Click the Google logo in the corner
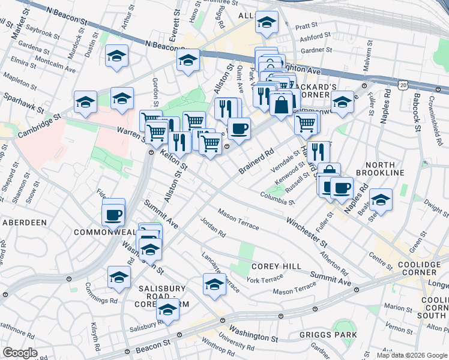tap(20, 353)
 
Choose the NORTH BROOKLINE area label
tap(380, 169)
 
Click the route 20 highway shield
tap(403, 86)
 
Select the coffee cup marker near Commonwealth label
tap(113, 215)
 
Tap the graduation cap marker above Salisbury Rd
tap(168, 311)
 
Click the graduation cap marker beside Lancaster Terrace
tap(214, 285)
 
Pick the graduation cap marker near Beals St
tap(381, 200)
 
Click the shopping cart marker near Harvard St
tap(307, 124)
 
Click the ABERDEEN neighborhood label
tap(25, 222)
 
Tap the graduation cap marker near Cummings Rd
tap(119, 277)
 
